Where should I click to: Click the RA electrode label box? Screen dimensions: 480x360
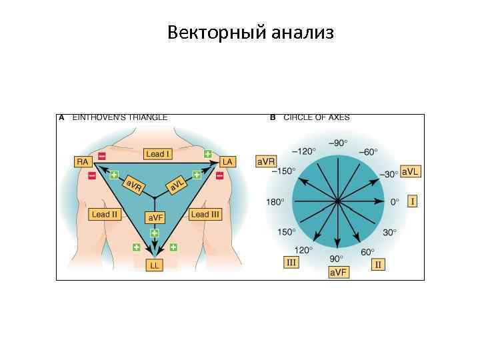click(x=83, y=161)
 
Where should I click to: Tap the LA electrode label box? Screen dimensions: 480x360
click(x=228, y=161)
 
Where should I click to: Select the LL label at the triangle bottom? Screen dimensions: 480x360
click(x=155, y=265)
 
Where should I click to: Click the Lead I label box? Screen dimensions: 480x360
click(x=159, y=154)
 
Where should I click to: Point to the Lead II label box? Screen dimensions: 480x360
click(x=105, y=215)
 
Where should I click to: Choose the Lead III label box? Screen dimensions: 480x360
click(x=205, y=215)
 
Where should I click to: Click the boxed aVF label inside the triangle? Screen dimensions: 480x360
click(x=155, y=217)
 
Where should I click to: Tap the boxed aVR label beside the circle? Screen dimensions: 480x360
click(x=266, y=162)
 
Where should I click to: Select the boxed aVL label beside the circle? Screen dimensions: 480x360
click(x=411, y=171)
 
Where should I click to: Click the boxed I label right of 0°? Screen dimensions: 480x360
click(x=412, y=201)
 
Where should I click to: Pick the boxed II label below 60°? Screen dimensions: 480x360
click(x=378, y=265)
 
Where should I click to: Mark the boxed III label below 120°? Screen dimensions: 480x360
click(x=291, y=263)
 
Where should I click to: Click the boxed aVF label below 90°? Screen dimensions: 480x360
click(x=338, y=272)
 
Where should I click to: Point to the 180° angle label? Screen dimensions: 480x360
click(x=275, y=201)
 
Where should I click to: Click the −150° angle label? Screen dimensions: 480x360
click(x=284, y=171)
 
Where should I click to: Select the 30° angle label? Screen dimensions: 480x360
click(x=390, y=232)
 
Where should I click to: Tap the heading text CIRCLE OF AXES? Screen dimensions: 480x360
click(x=316, y=117)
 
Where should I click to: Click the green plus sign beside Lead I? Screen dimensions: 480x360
click(x=207, y=154)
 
